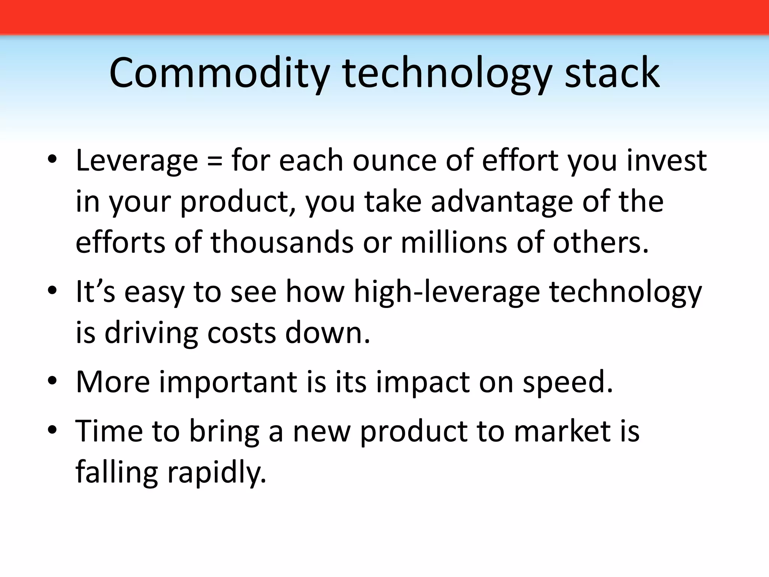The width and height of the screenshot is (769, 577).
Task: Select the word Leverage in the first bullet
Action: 137,161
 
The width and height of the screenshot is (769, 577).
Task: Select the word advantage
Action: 502,202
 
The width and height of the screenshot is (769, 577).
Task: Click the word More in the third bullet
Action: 113,382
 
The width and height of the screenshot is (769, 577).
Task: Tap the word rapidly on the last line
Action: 217,473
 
